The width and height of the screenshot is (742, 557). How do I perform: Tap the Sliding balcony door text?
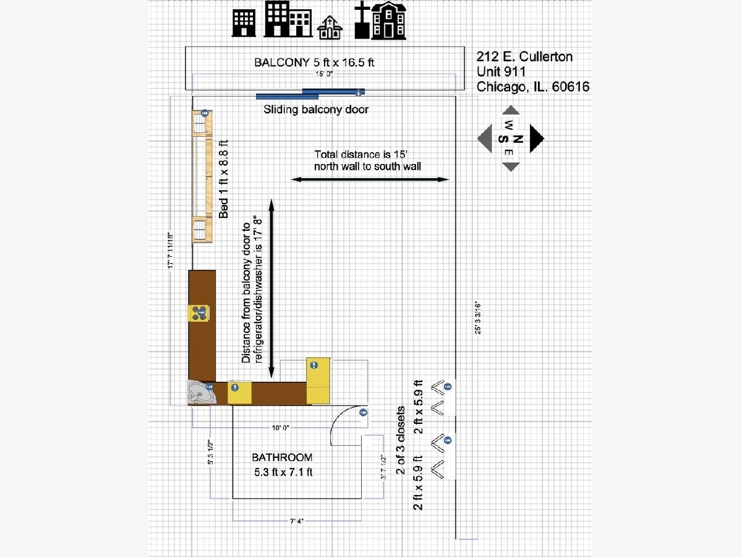tap(316, 110)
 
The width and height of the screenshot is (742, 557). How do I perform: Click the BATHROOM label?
tap(282, 457)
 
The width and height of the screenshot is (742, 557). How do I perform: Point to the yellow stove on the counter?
tap(200, 313)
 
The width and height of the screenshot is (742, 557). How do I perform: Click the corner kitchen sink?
tap(202, 392)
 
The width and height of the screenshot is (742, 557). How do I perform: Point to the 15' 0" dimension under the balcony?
tap(324, 74)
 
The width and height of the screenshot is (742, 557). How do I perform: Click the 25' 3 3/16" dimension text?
tap(477, 317)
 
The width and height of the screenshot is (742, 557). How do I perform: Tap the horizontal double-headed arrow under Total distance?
tap(370, 179)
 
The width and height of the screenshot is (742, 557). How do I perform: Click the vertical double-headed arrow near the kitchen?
tap(271, 287)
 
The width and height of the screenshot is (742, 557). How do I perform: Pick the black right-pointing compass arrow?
tap(536, 138)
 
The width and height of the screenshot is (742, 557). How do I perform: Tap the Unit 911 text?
tap(501, 72)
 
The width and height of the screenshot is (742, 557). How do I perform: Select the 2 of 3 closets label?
tap(401, 440)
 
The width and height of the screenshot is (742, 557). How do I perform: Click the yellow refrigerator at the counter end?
tap(318, 381)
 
